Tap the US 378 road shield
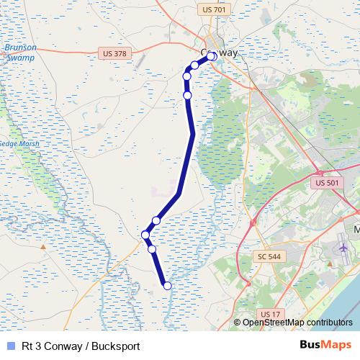tap(113, 53)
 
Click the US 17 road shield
tap(270, 314)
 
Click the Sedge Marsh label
tap(19, 144)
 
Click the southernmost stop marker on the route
tap(168, 286)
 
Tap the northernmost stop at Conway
tap(212, 55)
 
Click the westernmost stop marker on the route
tap(145, 235)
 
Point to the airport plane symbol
tap(341, 248)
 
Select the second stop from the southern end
tap(152, 249)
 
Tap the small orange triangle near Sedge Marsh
tap(44, 247)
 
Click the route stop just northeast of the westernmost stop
tap(156, 220)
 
